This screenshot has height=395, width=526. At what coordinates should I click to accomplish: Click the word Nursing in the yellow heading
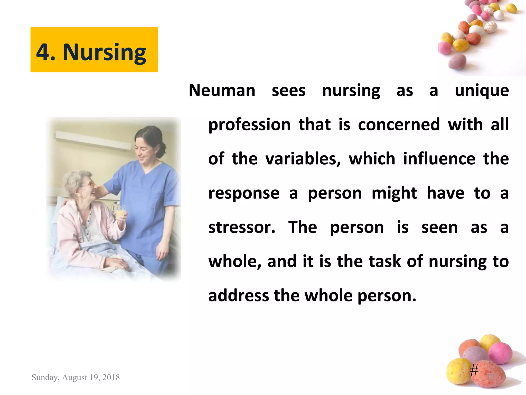coord(105,52)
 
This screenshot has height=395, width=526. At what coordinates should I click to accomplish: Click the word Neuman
coord(222,91)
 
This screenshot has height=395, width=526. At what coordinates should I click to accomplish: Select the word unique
coord(482,91)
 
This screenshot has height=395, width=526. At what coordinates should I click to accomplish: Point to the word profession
coord(249,125)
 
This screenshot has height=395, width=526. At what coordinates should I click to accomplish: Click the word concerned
coord(399,124)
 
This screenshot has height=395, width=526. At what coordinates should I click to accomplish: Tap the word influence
coord(439,159)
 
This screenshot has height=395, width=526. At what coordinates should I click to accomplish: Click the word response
coord(244,193)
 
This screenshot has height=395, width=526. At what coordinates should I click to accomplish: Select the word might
coord(394,193)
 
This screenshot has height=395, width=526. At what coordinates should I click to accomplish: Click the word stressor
coord(242,227)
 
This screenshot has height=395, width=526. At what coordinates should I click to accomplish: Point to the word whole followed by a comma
coord(235,262)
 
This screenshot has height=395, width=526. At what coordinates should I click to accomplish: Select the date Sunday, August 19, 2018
coord(76,377)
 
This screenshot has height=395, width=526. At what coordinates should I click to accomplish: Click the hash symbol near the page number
coord(474,371)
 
